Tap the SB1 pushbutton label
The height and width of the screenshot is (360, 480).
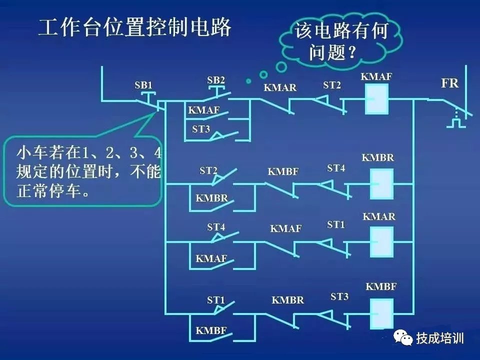(143, 85)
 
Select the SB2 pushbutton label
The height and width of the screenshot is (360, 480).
(216, 80)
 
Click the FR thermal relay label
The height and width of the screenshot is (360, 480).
(449, 83)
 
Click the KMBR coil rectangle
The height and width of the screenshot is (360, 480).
(381, 183)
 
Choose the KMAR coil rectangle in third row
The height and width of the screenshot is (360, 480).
(381, 242)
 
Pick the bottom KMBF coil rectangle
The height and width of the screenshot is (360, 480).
(381, 313)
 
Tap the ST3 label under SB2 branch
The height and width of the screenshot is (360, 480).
(201, 129)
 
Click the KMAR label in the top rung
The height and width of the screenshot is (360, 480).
(280, 88)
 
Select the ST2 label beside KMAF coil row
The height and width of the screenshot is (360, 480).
(331, 85)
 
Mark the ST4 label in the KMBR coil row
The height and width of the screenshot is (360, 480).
(336, 168)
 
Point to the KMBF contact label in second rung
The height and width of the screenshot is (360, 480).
(283, 172)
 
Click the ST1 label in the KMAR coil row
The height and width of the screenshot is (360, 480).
(336, 225)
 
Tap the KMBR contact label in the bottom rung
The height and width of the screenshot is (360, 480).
(287, 300)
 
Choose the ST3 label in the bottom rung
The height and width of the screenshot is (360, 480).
(339, 297)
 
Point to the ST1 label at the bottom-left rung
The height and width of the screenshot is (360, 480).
(216, 300)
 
